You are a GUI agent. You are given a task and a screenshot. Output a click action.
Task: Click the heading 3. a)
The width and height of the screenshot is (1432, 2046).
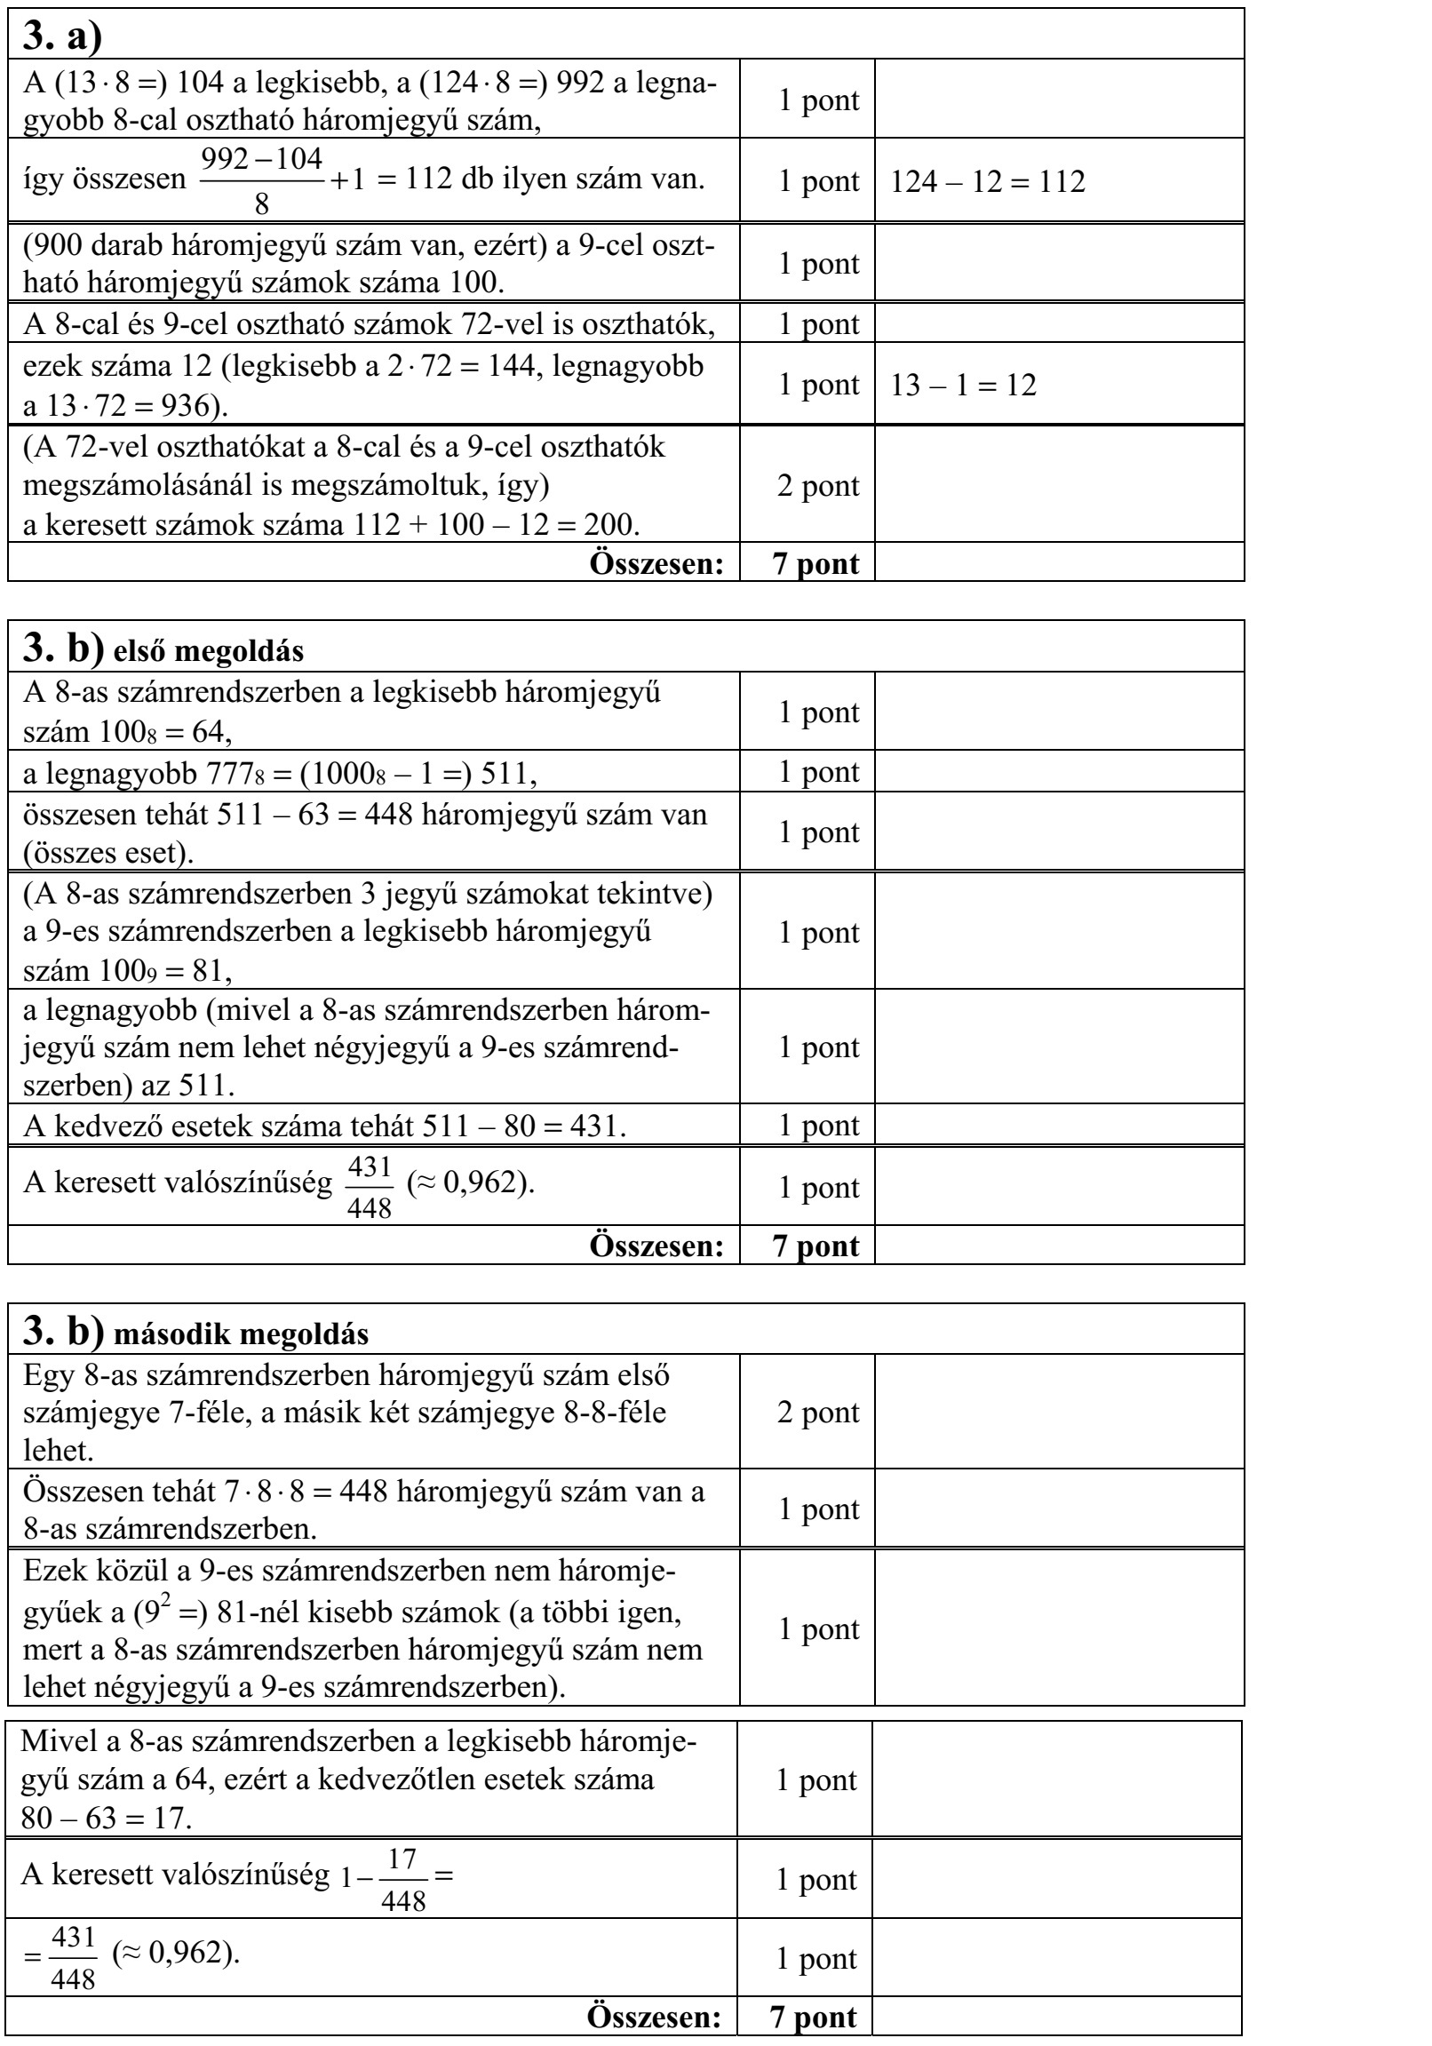pos(62,36)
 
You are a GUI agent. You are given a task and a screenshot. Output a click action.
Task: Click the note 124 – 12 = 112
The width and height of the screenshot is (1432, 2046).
pos(987,182)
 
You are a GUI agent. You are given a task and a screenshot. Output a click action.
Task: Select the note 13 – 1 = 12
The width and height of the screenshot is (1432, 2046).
pos(963,386)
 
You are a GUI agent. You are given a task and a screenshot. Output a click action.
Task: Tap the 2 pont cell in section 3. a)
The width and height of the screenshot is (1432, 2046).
pos(818,487)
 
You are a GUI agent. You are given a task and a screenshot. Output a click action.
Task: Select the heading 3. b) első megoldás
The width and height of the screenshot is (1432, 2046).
pos(163,649)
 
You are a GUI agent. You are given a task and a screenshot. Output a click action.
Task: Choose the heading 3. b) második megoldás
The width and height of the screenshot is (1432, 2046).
pos(195,1332)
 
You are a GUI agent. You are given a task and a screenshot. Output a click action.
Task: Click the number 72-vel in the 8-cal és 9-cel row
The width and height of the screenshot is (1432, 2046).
pos(499,324)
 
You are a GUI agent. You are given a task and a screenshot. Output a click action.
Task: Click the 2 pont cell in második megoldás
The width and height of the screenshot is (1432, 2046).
pos(818,1413)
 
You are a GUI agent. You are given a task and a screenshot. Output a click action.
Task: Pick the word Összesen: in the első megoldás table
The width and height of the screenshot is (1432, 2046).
pos(656,1246)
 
